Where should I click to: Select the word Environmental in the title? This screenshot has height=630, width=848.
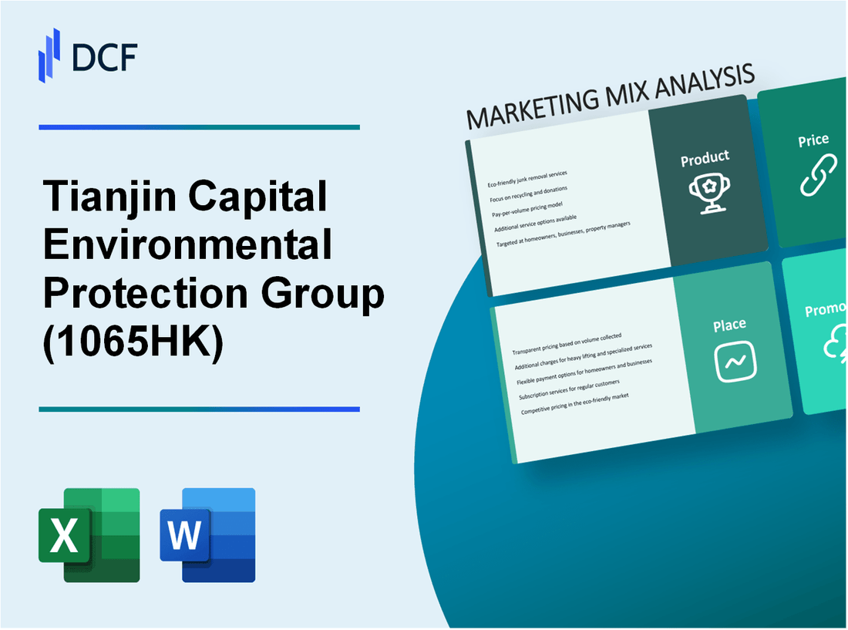(188, 247)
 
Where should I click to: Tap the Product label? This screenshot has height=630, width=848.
(705, 159)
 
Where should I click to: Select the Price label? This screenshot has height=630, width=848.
(813, 140)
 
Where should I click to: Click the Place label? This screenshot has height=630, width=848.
(729, 325)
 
